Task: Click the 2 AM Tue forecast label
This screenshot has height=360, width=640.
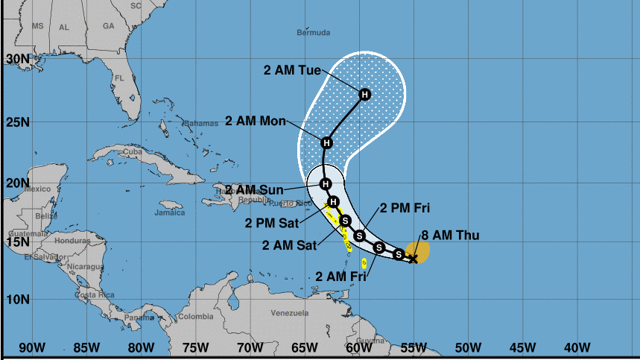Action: click(x=292, y=71)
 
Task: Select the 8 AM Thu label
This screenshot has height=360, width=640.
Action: click(x=450, y=236)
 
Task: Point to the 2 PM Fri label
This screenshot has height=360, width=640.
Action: click(x=405, y=207)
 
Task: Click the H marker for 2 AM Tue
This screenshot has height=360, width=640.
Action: click(x=365, y=95)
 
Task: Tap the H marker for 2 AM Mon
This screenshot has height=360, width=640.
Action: click(x=326, y=142)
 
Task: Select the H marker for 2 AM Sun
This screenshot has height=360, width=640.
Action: click(x=325, y=183)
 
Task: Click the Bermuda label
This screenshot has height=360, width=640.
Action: click(x=313, y=33)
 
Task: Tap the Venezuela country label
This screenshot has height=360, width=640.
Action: click(x=289, y=312)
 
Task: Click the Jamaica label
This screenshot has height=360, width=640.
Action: click(x=169, y=212)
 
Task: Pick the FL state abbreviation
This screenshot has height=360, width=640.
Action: click(x=118, y=78)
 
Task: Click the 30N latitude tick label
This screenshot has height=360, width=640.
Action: click(x=17, y=58)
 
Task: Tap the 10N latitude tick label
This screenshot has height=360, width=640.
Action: click(x=17, y=300)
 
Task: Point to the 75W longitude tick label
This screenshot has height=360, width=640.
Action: click(x=195, y=347)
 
